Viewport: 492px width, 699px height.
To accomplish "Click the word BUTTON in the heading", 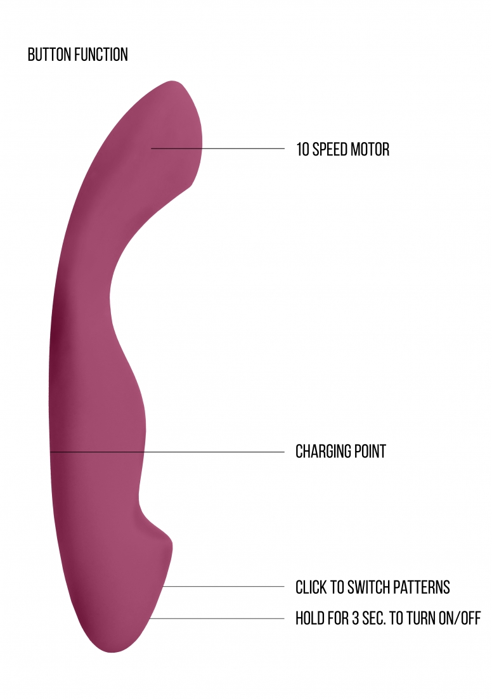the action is pyautogui.click(x=49, y=55).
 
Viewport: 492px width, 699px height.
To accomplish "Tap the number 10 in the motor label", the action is pyautogui.click(x=302, y=149).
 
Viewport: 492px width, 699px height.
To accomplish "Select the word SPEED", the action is pyautogui.click(x=330, y=149).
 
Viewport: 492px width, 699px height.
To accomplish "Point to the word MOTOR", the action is pyautogui.click(x=370, y=149).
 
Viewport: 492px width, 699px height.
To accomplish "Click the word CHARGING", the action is pyautogui.click(x=317, y=451).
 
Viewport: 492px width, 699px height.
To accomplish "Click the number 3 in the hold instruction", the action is pyautogui.click(x=355, y=618).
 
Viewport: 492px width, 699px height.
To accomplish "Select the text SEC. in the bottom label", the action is pyautogui.click(x=374, y=618).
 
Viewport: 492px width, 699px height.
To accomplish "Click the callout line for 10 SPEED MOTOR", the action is pyautogui.click(x=217, y=148).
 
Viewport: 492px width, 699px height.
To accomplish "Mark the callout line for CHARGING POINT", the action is pyautogui.click(x=167, y=452).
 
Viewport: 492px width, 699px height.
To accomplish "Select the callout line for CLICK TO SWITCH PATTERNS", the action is pyautogui.click(x=223, y=587).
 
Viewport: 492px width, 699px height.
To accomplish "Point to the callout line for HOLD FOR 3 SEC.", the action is pyautogui.click(x=217, y=618).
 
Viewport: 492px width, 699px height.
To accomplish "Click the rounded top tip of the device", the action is pyautogui.click(x=174, y=82).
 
